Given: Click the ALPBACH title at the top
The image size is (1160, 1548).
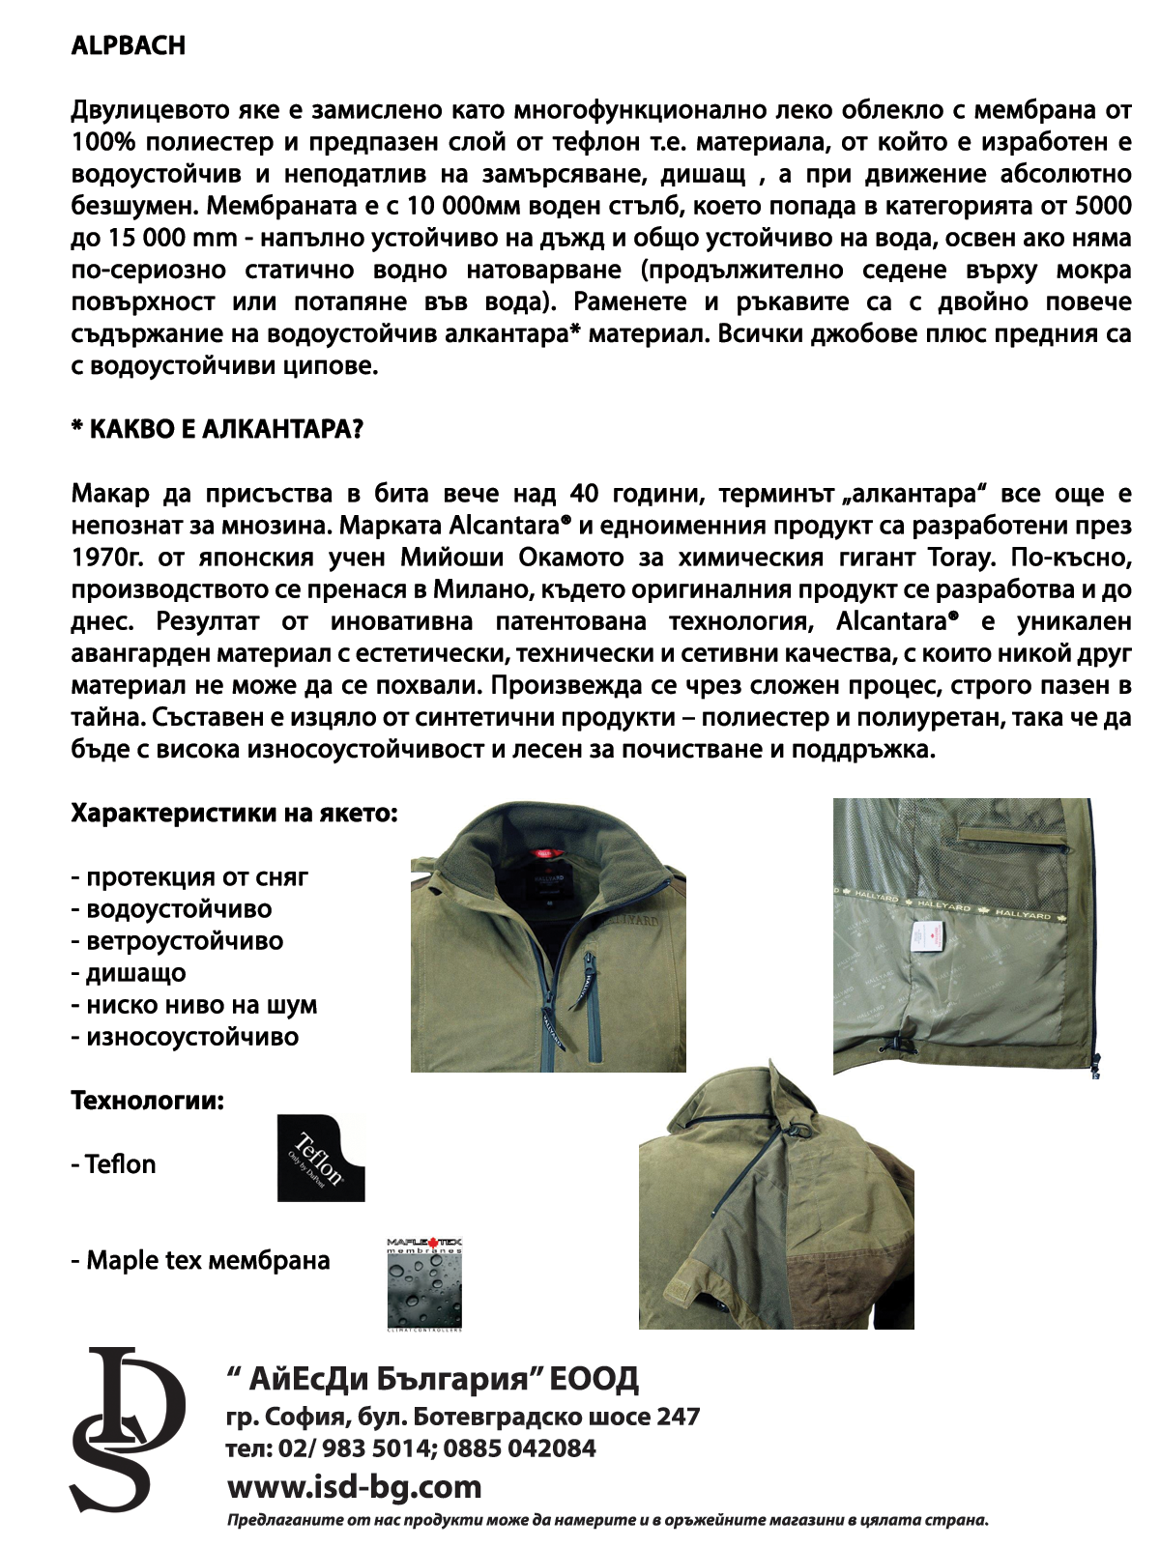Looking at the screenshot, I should [128, 46].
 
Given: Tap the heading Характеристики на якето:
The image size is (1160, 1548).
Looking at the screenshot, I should [234, 813].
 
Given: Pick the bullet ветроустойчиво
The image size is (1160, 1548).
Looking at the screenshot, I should [177, 941].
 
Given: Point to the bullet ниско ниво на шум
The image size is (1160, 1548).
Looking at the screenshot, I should [193, 1005].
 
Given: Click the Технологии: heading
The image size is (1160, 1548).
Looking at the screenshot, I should [147, 1101].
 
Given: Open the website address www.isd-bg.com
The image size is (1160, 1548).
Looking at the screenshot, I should [354, 1485].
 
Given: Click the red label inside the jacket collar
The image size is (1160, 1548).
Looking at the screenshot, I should [546, 853].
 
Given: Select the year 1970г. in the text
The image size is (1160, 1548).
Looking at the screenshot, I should [108, 558].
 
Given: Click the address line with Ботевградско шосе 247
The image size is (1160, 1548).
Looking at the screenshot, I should [462, 1417].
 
